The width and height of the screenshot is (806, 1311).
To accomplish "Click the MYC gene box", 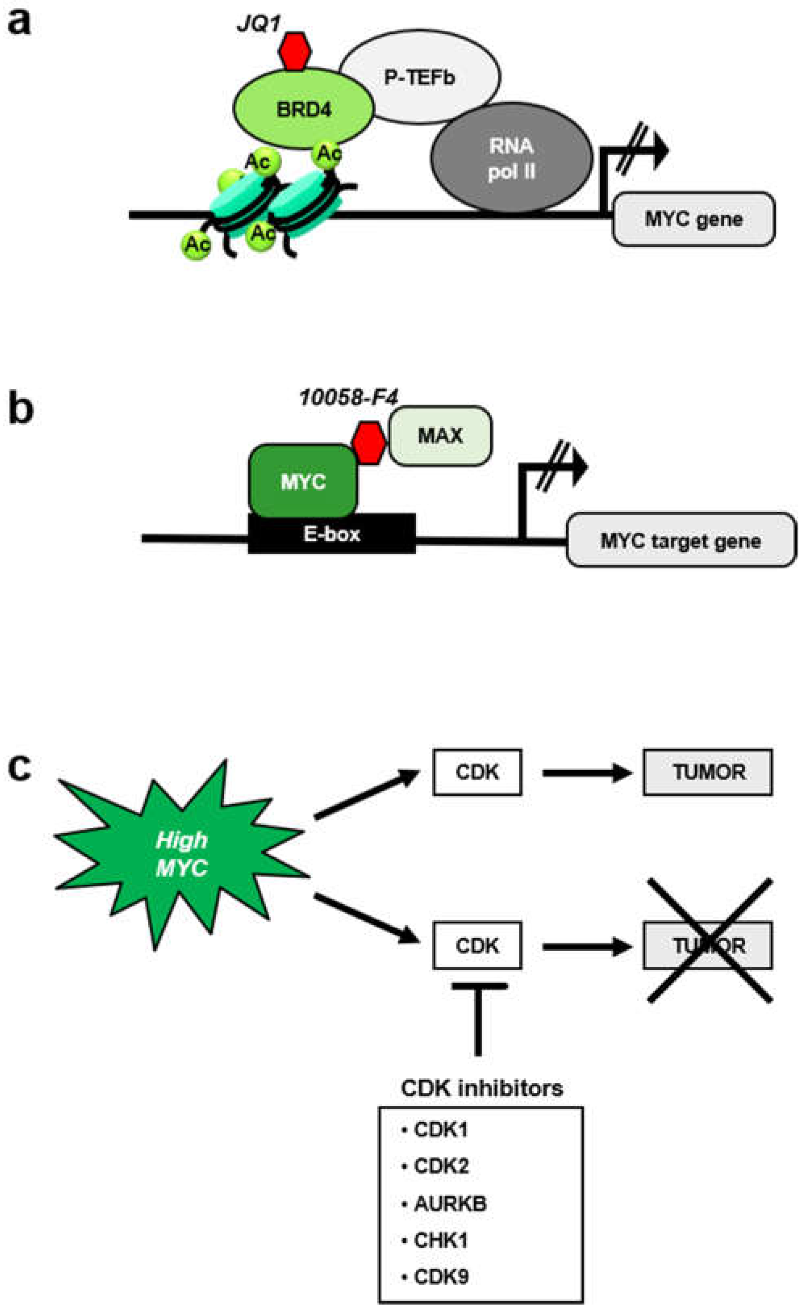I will tap(693, 219).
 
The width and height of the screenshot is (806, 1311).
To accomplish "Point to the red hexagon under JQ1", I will tap(295, 51).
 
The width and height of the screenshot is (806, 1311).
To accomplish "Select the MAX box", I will tap(440, 436).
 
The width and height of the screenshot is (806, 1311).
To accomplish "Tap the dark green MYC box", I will tap(303, 481).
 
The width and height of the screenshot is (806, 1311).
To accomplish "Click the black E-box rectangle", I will tap(331, 534).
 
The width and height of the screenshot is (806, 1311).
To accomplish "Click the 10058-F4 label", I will tap(349, 397).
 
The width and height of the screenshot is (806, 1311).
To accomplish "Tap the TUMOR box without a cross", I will tap(708, 772).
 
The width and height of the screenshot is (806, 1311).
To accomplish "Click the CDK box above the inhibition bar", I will tap(477, 946).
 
